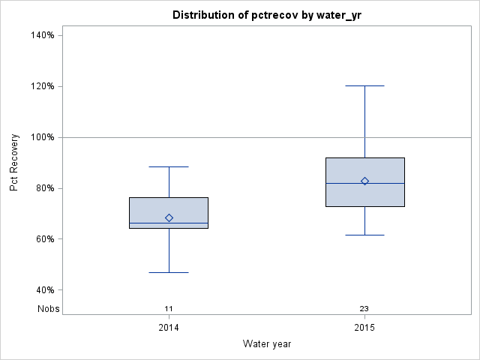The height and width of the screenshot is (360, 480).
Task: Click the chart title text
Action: (266, 15)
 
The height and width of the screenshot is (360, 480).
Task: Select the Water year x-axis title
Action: (266, 343)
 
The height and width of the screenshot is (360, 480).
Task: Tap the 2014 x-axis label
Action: (169, 328)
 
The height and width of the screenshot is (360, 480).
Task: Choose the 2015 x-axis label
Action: (364, 328)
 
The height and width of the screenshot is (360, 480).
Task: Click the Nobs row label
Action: (48, 308)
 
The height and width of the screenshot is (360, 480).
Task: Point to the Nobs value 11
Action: (169, 308)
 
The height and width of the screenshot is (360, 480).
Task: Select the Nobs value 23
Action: (364, 308)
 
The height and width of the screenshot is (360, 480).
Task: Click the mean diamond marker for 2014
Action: (169, 217)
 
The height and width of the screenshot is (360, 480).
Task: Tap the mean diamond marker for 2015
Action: (364, 181)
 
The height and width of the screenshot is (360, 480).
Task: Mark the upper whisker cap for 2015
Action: (364, 85)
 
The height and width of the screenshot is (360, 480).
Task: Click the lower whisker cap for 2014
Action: (169, 272)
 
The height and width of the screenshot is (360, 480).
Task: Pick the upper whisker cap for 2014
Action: (169, 166)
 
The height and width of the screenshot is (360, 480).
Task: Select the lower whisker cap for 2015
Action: (364, 235)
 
